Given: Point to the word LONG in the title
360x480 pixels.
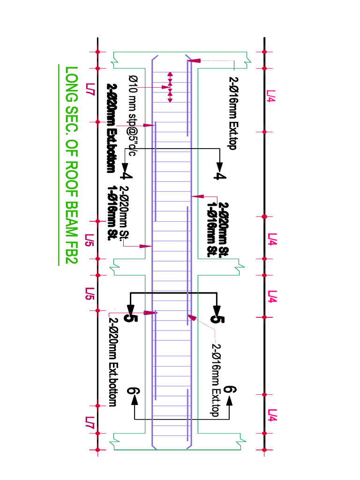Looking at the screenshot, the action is [x=72, y=84].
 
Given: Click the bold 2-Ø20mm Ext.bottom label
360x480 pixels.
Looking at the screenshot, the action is [x=112, y=128].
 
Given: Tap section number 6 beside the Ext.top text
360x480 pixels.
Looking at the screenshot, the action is [x=230, y=390].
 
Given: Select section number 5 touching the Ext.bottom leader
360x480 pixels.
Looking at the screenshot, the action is [x=131, y=317].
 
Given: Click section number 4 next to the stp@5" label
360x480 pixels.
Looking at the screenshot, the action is [x=127, y=175].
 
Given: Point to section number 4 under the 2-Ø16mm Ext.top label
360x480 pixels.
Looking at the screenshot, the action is [x=220, y=176].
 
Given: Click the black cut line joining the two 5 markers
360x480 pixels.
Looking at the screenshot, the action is [x=173, y=293].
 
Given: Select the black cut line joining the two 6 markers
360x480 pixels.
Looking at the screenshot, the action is [x=182, y=419].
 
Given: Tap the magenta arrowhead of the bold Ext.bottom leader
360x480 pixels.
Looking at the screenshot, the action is [x=150, y=125].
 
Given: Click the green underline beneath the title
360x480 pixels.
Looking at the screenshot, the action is [x=59, y=165].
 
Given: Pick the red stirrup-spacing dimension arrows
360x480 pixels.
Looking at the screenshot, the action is [x=170, y=87].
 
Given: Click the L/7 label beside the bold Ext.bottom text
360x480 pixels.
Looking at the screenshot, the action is [x=90, y=90].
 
